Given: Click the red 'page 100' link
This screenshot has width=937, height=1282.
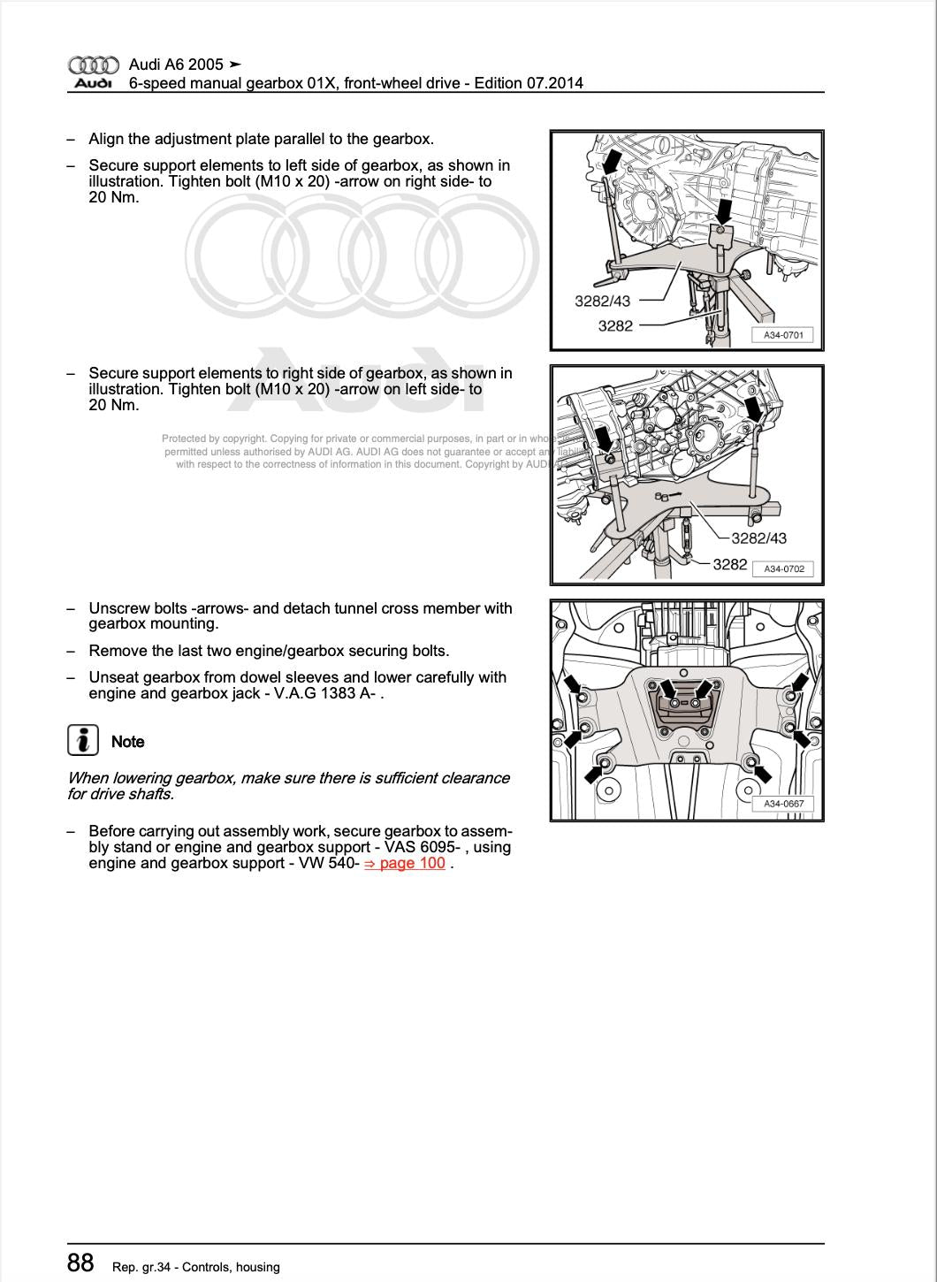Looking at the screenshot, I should coord(412,863).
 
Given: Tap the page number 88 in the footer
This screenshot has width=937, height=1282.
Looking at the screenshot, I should coord(80,1263).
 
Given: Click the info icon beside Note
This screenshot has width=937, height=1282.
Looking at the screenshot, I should coord(82,740).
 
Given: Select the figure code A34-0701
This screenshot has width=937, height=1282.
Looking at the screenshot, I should coord(783,335).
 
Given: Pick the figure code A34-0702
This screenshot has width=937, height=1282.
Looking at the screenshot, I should coord(784,569).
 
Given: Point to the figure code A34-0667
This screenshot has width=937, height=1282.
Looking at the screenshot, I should coord(784,804).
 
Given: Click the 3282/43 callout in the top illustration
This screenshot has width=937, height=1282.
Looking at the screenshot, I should coord(603,301).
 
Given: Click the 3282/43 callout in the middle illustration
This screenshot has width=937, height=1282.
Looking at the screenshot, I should coord(758,538).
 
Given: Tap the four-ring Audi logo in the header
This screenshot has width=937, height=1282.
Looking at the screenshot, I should coord(93,65).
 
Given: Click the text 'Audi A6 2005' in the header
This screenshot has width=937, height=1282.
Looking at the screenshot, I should coord(176,65).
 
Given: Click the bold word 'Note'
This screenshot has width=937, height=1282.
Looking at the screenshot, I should coord(128,742).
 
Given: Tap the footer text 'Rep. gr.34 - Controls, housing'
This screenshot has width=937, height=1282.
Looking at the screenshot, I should coord(196,1267).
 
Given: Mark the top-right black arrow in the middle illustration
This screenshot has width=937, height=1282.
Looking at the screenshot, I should coord(753,408).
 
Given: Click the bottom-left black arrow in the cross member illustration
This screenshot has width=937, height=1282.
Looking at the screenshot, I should coord(591,775).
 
